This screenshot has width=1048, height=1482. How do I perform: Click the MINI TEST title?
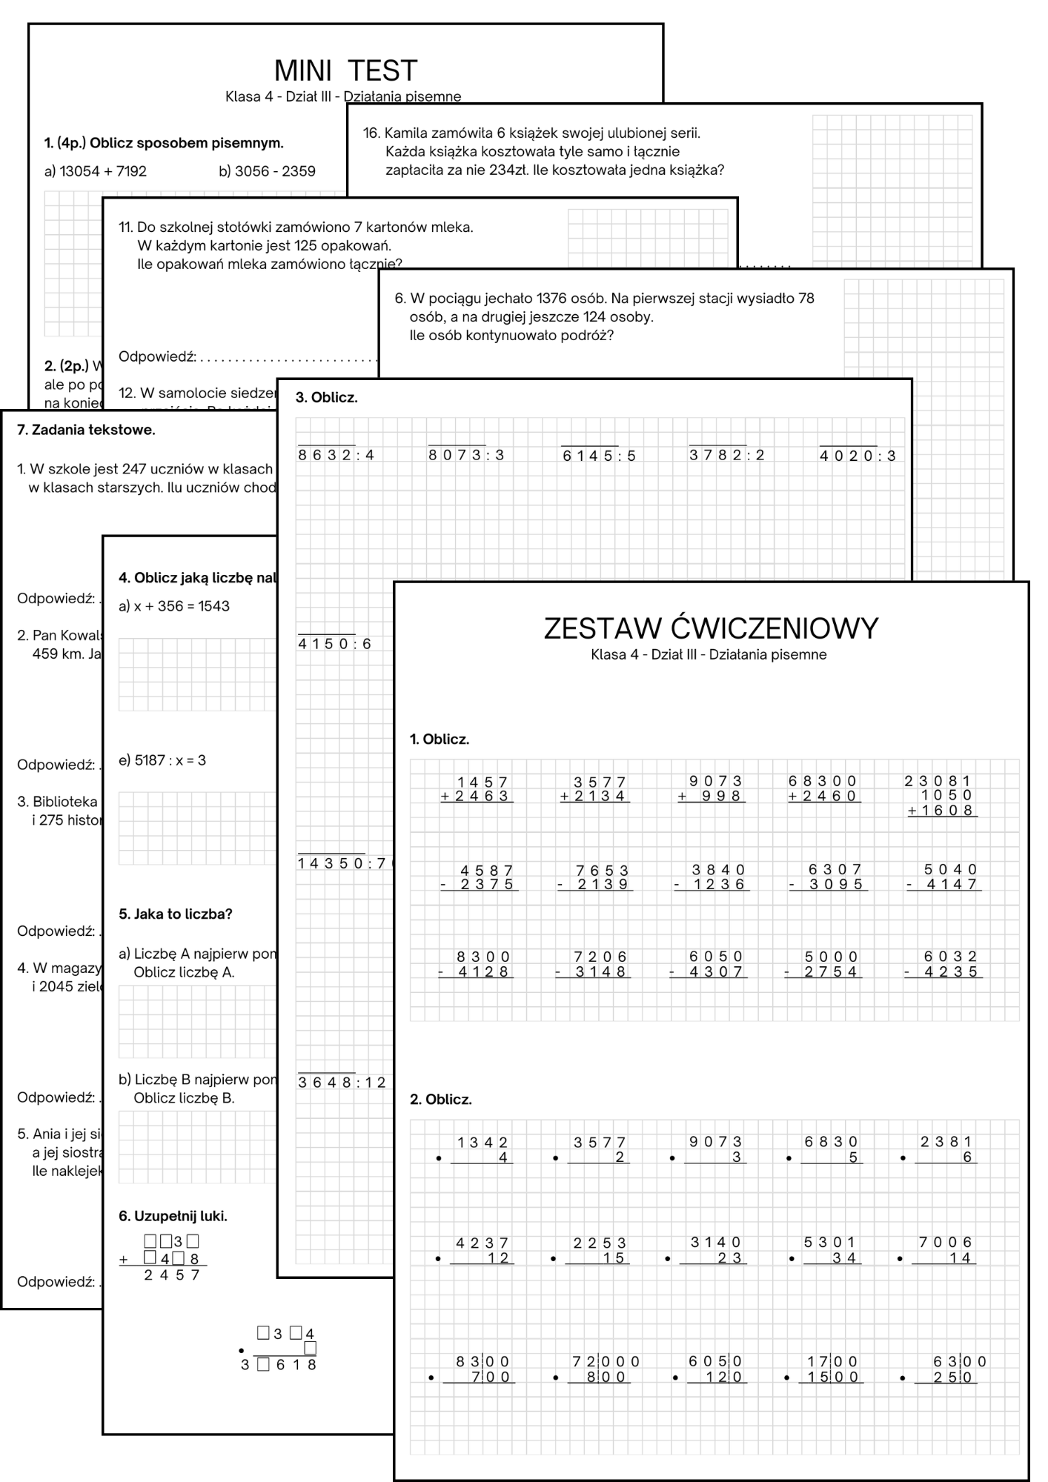(x=345, y=71)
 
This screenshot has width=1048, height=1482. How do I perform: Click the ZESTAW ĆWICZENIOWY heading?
(x=711, y=628)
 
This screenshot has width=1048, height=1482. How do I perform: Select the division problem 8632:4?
(x=336, y=455)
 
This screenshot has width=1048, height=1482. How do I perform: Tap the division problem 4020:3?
(x=857, y=456)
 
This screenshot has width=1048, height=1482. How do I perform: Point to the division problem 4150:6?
(x=334, y=644)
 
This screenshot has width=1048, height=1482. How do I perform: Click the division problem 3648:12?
(x=342, y=1083)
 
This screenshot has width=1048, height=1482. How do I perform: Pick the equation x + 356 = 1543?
(x=174, y=606)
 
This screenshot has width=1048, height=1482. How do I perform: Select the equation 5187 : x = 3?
(x=162, y=760)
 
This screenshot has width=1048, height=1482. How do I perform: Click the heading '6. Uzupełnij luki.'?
(x=173, y=1216)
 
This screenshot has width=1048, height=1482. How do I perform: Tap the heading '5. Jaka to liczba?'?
(x=176, y=914)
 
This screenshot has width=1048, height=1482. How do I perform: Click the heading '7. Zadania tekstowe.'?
(x=86, y=430)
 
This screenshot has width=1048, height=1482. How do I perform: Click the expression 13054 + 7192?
(x=96, y=171)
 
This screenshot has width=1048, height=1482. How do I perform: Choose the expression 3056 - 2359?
(x=267, y=171)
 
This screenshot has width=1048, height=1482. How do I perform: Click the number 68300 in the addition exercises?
(x=822, y=781)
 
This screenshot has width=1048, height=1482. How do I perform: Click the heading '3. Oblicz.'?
(x=326, y=398)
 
